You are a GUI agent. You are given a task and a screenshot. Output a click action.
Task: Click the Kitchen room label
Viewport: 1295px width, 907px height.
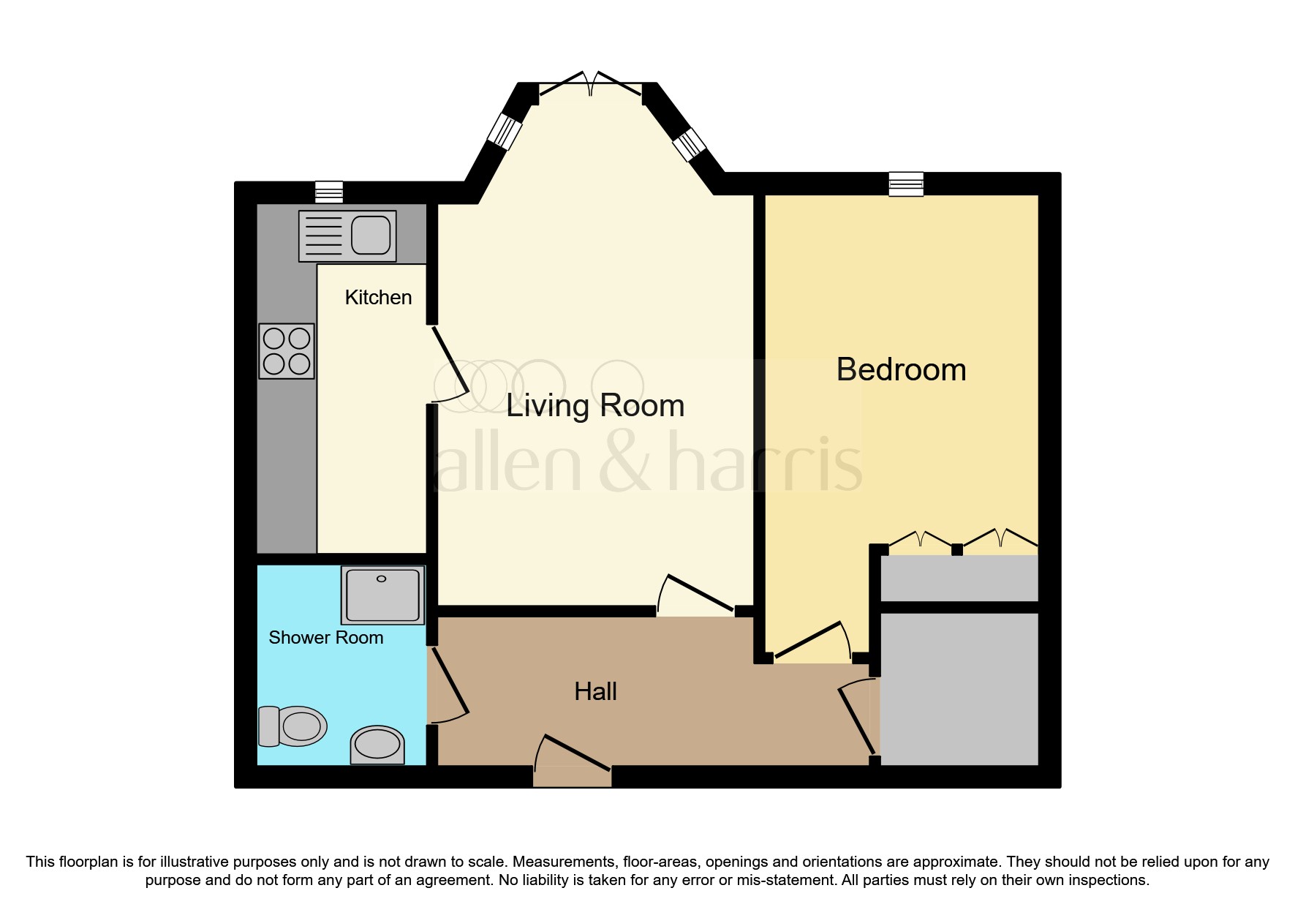click(x=378, y=298)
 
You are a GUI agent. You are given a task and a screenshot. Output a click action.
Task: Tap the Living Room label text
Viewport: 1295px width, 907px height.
click(x=594, y=406)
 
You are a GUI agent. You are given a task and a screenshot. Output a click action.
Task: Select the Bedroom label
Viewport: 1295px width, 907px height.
click(x=901, y=370)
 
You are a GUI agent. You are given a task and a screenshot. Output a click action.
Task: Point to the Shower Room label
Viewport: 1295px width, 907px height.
click(x=325, y=638)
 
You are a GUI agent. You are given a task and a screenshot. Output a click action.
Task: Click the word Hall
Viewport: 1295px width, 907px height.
click(x=595, y=692)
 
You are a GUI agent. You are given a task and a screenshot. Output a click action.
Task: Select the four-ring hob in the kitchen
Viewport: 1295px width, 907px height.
click(x=287, y=351)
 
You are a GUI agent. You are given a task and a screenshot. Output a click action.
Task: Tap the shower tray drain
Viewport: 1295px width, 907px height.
click(x=381, y=579)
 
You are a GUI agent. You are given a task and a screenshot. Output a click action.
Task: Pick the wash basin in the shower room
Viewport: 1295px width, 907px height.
click(x=377, y=745)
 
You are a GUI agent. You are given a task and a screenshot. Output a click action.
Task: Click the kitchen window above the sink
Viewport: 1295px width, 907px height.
click(x=328, y=192)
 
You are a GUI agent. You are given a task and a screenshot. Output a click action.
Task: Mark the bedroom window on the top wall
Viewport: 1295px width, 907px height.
click(x=906, y=184)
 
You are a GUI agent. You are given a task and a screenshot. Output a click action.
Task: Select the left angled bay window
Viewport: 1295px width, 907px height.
click(x=505, y=132)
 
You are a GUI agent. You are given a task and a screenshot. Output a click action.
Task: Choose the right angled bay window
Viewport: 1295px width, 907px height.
click(x=689, y=144)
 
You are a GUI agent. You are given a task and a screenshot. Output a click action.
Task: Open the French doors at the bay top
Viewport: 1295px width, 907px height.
click(x=591, y=87)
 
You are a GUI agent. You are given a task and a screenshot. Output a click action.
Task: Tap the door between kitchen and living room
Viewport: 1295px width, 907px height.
click(x=450, y=364)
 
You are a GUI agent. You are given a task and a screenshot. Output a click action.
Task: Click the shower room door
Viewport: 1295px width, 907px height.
click(x=448, y=682)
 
